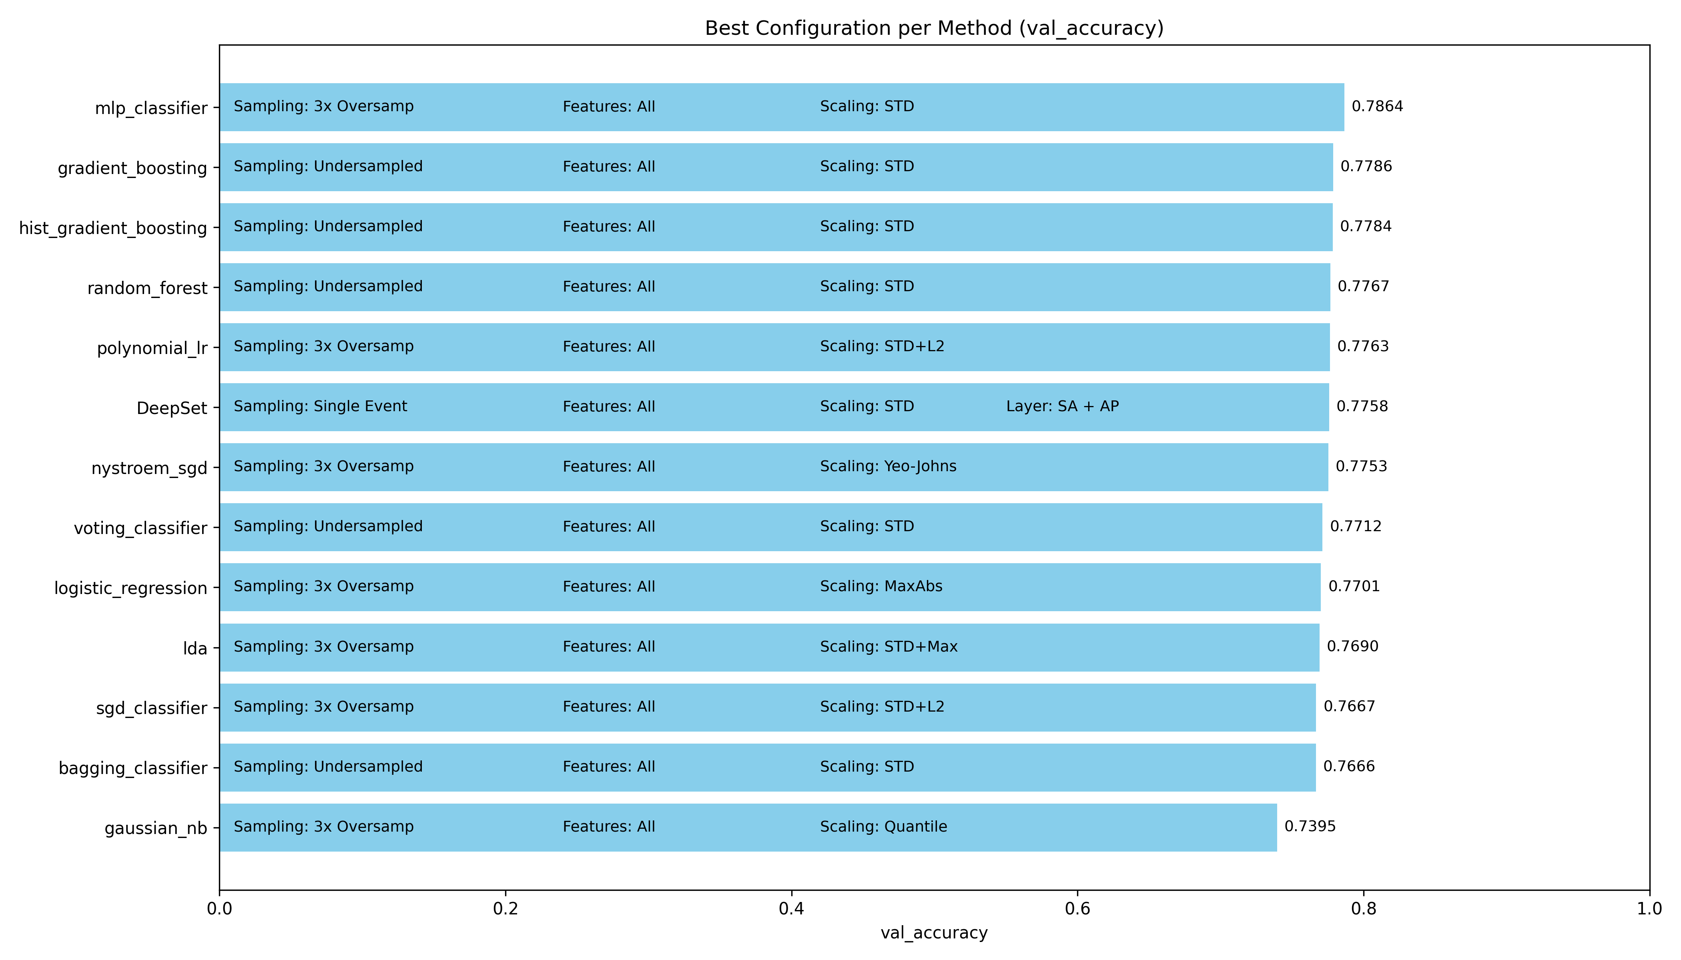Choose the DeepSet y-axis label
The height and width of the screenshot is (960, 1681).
pyautogui.click(x=172, y=408)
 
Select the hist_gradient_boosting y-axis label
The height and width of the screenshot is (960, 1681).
pyautogui.click(x=113, y=228)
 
